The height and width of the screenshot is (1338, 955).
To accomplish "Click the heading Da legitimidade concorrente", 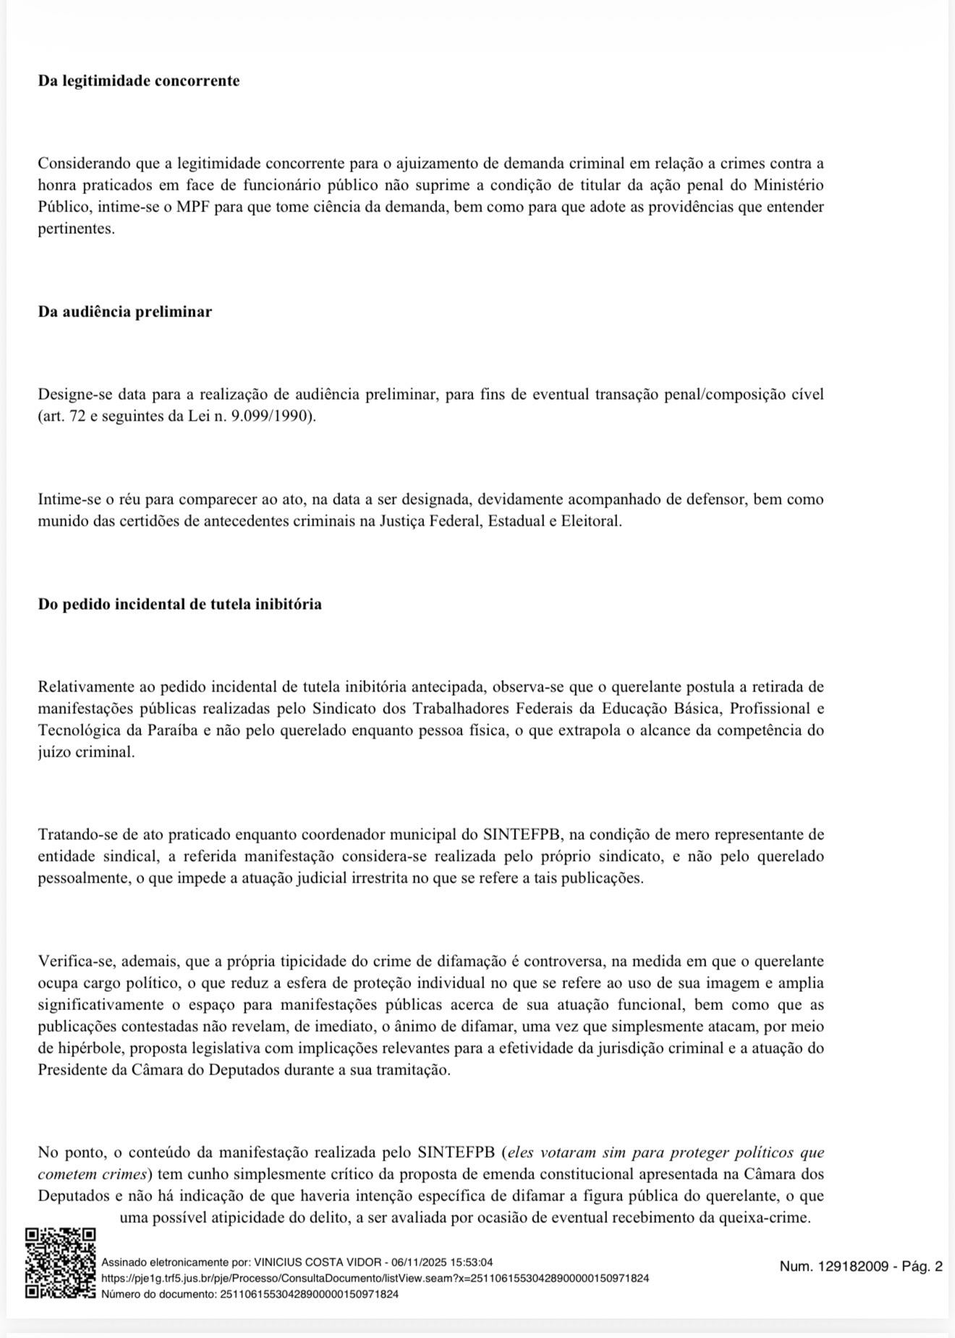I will point(139,81).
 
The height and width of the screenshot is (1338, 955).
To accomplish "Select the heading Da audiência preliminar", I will point(125,312).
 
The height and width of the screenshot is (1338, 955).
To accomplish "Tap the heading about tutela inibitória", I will point(179,604).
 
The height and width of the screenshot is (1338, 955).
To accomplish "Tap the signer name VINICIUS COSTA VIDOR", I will point(318,1262).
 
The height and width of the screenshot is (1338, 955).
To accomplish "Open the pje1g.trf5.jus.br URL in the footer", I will point(375,1278).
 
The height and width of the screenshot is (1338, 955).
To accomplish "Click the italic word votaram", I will point(565,1153).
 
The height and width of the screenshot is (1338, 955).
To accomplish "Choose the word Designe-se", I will point(74,395).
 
